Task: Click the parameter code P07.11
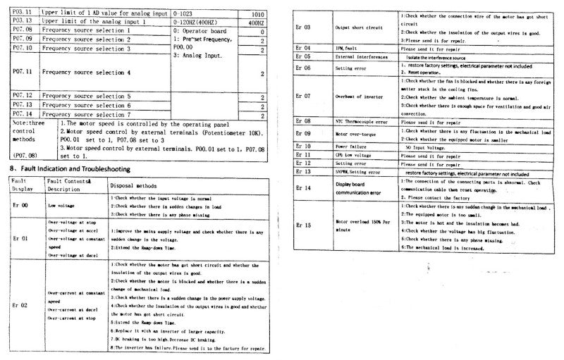point(23,72)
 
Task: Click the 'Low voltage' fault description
point(61,205)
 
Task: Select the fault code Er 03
point(304,27)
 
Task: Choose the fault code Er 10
point(304,147)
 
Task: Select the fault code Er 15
point(304,225)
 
